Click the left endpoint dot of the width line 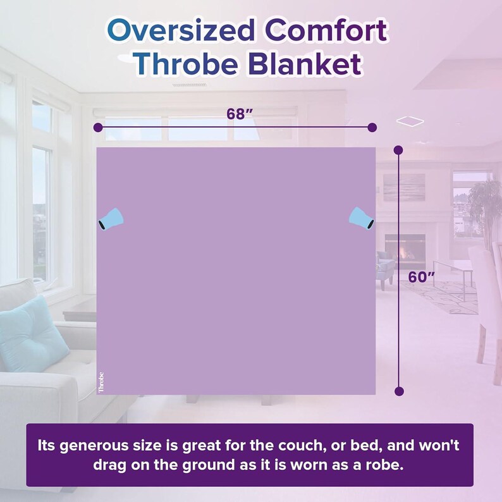[x=97, y=127]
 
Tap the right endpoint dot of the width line [x=372, y=127]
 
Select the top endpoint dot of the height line [x=398, y=150]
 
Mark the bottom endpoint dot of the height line [x=398, y=391]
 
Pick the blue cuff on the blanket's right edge [x=363, y=218]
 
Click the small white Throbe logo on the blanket [x=101, y=383]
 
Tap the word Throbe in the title [x=185, y=65]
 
